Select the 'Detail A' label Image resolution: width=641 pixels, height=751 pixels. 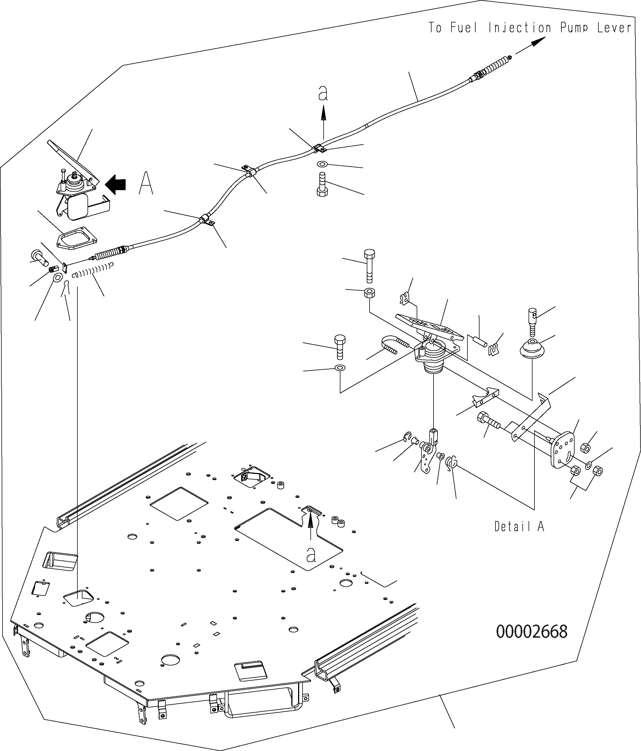[519, 526]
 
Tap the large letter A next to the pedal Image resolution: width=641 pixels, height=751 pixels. [146, 183]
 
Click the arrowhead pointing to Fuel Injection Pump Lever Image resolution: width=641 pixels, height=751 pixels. [539, 42]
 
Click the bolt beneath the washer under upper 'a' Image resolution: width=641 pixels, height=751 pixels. [322, 185]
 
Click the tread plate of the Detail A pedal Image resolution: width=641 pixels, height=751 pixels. [429, 326]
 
